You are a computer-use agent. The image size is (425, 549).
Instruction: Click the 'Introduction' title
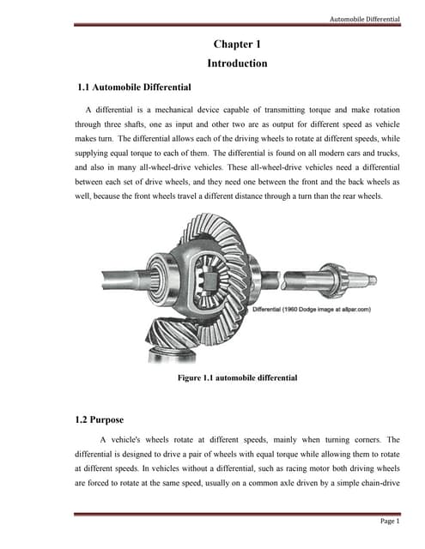[237, 63]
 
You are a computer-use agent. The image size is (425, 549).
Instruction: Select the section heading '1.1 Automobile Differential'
[134, 87]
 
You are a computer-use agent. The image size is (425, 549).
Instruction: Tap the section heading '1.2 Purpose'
[100, 419]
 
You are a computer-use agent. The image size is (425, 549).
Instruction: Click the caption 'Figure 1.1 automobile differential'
[237, 377]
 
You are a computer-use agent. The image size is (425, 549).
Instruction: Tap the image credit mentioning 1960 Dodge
[311, 309]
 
